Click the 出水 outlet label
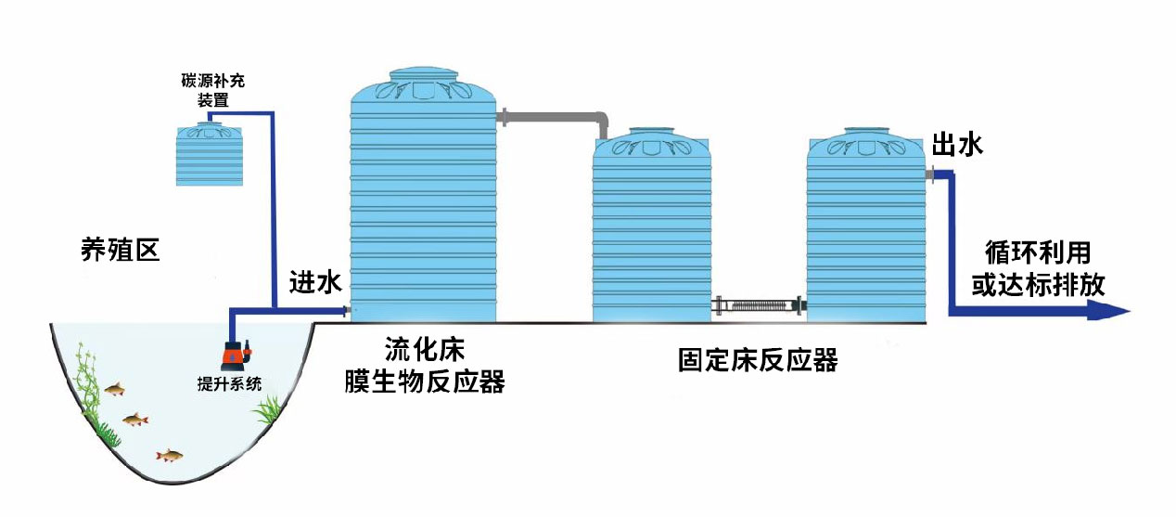[956, 146]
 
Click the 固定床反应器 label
[758, 360]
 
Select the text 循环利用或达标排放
[1038, 268]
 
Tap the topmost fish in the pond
[115, 389]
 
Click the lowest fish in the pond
[169, 455]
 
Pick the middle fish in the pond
[135, 420]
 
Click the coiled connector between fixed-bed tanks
[758, 305]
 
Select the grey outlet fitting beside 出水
[929, 174]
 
